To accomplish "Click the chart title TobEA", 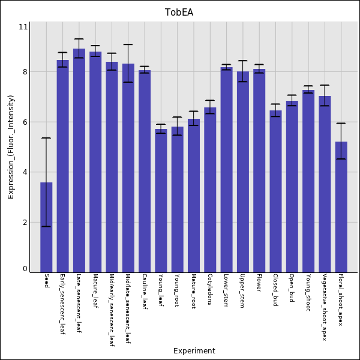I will (x=179, y=13).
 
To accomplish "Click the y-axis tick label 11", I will (x=23, y=27).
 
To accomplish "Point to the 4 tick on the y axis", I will (x=25, y=172).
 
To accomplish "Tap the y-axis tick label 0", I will (x=25, y=269).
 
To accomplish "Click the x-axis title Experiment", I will (x=194, y=351).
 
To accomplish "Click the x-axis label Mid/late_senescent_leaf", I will (x=128, y=310).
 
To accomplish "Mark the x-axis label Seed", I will (x=47, y=281).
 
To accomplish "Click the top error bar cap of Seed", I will (x=46, y=138).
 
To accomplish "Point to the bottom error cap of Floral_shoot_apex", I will (x=341, y=159).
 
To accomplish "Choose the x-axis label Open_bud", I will (x=292, y=288).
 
